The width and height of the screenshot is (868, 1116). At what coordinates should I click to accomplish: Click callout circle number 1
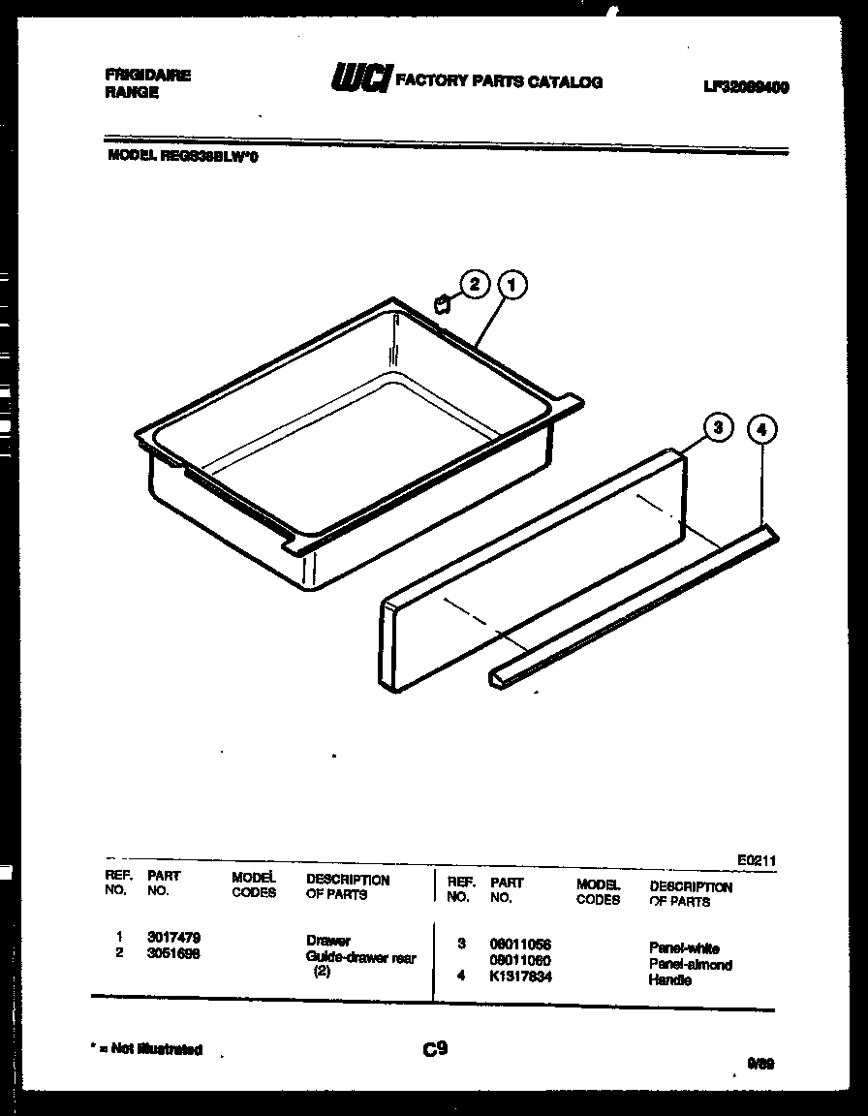[x=512, y=286]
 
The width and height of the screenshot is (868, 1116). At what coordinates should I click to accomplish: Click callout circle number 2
[x=474, y=285]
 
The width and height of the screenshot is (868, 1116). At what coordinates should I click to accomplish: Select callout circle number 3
[x=716, y=428]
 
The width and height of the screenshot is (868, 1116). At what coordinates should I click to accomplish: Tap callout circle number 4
[x=762, y=430]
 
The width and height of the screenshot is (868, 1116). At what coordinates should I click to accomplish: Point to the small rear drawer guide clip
[x=441, y=304]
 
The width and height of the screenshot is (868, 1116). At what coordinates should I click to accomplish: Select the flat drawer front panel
[x=533, y=572]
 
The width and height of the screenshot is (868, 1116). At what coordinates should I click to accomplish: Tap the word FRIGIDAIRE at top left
[x=147, y=76]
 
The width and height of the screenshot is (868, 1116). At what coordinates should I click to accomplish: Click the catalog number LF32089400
[x=745, y=87]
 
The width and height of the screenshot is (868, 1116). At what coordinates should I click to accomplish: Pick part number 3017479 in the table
[x=173, y=938]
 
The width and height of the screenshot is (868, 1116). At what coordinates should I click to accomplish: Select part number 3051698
[x=173, y=953]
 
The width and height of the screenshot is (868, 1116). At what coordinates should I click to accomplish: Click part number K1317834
[x=520, y=976]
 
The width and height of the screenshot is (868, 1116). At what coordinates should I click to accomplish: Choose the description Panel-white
[x=684, y=948]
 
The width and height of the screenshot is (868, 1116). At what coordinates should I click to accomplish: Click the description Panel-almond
[x=690, y=965]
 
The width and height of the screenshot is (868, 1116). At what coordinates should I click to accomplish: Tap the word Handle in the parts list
[x=669, y=980]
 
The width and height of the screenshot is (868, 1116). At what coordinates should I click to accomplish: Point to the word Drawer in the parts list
[x=328, y=941]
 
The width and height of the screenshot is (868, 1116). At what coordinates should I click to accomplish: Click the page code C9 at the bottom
[x=434, y=1046]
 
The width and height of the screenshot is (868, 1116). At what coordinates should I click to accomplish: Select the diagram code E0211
[x=756, y=860]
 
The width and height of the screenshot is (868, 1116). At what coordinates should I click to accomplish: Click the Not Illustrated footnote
[x=146, y=1049]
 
